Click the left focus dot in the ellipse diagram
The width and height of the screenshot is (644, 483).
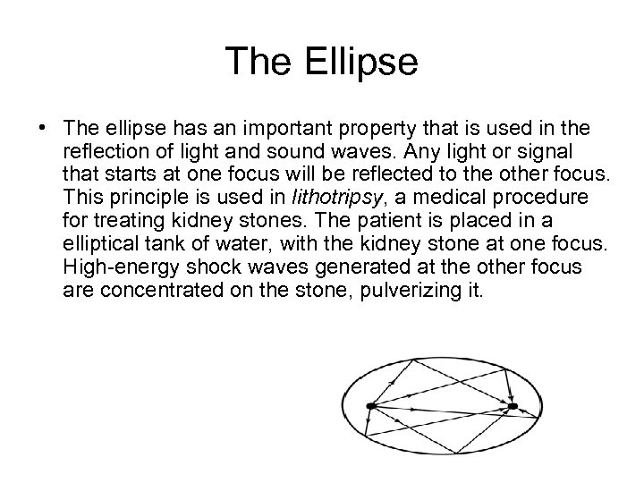(x=370, y=407)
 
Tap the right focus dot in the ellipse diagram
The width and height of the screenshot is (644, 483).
(x=513, y=407)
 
